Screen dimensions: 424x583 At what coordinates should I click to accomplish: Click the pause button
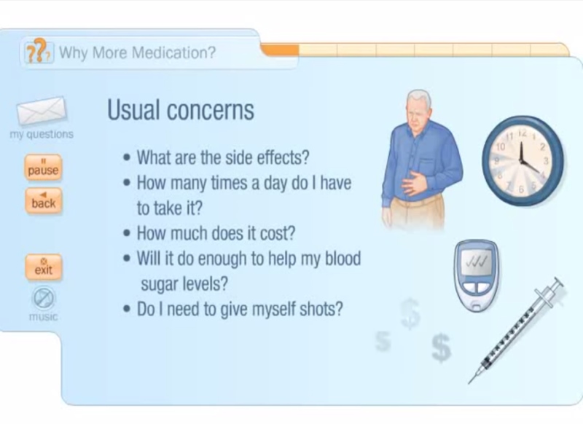coord(43,168)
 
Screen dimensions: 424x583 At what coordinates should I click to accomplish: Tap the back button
coord(43,201)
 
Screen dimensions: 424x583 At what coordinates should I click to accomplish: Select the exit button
coord(44,267)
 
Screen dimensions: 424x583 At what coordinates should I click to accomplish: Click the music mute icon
coord(44,298)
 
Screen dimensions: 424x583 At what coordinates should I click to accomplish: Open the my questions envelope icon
coord(42,111)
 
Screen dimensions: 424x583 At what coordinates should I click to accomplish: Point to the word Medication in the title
coord(174,53)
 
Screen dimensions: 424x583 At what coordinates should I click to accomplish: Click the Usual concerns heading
coord(181,110)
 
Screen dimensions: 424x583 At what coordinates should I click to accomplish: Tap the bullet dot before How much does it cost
coord(128,235)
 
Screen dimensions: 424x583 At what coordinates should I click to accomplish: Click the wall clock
coord(523,161)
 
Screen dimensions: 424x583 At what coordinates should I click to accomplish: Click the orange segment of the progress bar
coord(280,50)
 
